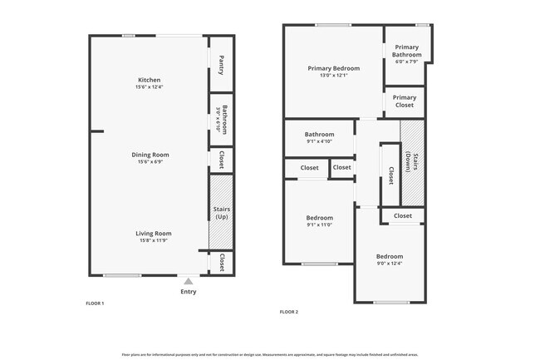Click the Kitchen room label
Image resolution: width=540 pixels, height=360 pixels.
[150, 80]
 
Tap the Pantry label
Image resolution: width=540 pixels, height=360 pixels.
[221, 65]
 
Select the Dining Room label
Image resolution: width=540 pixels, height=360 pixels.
[150, 154]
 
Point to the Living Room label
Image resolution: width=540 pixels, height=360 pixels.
[154, 234]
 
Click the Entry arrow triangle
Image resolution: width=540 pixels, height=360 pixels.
[189, 282]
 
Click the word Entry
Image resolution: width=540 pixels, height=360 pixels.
[189, 292]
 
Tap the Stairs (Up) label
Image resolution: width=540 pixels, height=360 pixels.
[221, 213]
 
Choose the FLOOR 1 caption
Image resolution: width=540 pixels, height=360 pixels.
[95, 303]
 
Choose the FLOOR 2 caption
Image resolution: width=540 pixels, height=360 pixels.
[289, 312]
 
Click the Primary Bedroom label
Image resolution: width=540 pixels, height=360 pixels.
[333, 68]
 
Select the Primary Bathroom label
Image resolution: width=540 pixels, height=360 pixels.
[407, 52]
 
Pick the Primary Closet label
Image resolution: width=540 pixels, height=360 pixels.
[405, 101]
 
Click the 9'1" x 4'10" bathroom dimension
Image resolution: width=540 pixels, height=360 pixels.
[319, 141]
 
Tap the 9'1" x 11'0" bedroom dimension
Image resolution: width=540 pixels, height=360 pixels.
[319, 224]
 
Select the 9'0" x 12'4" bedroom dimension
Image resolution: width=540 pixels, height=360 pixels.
[389, 264]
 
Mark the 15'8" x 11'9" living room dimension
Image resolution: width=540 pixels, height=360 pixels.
[154, 241]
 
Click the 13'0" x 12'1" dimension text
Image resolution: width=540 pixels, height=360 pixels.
[333, 76]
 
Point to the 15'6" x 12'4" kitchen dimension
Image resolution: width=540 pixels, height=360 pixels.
[150, 87]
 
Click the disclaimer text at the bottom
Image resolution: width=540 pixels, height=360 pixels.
[270, 353]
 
